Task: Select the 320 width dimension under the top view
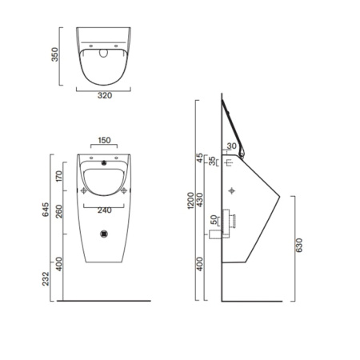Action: pos(103,94)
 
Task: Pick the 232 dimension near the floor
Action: pos(46,279)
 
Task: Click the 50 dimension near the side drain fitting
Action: pos(213,222)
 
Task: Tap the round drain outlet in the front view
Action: pos(102,234)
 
